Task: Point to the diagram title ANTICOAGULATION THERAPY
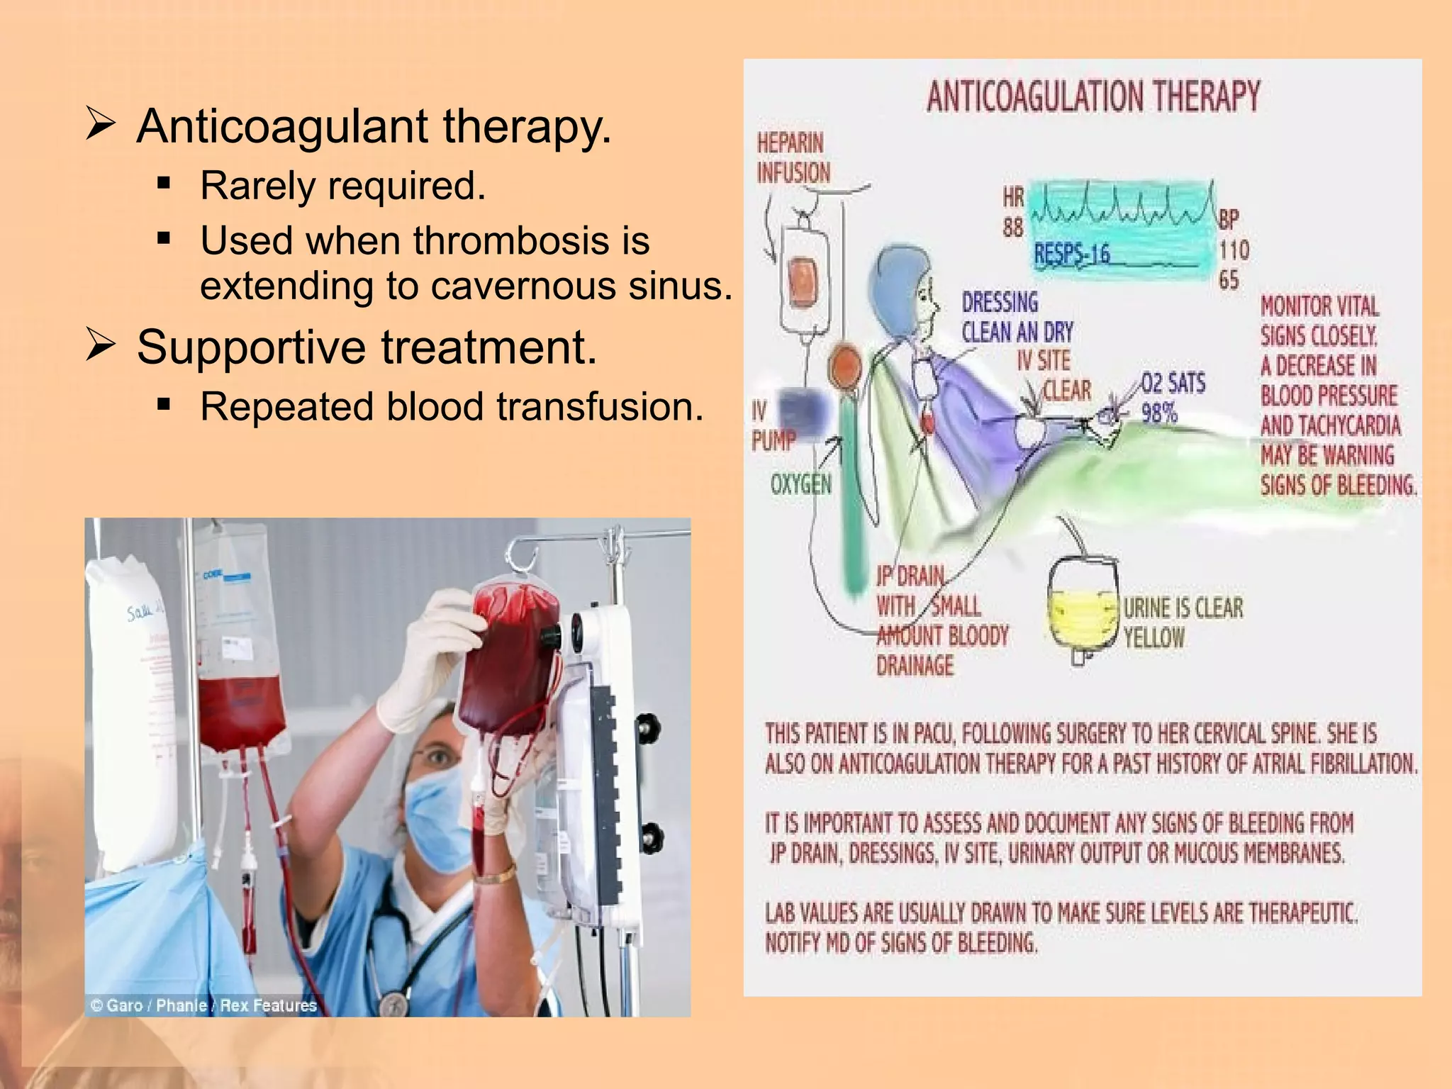click(1093, 96)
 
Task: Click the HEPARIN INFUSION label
click(792, 158)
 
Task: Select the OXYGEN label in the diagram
click(800, 485)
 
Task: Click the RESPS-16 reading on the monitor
click(1071, 254)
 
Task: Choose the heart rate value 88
click(1012, 228)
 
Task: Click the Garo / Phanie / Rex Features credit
click(203, 1005)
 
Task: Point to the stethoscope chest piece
click(393, 1003)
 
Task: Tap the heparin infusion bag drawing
click(803, 279)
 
